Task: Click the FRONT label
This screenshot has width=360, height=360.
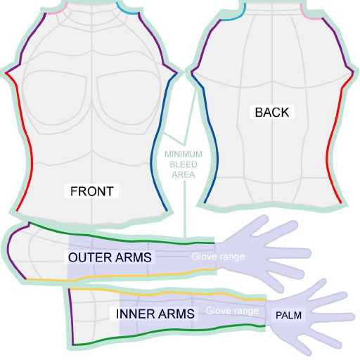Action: point(92,191)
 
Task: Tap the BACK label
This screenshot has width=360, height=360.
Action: point(272,112)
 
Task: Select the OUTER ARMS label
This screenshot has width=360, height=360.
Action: point(110,257)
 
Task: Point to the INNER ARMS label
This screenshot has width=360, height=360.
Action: point(155,314)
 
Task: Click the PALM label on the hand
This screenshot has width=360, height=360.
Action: point(288,315)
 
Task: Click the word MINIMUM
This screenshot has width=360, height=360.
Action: point(184,154)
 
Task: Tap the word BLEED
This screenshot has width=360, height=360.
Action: point(184,165)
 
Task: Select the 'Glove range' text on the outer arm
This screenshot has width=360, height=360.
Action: point(218,257)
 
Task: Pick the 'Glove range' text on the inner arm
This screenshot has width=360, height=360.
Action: point(232,311)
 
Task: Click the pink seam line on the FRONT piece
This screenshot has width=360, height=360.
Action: point(56,11)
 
